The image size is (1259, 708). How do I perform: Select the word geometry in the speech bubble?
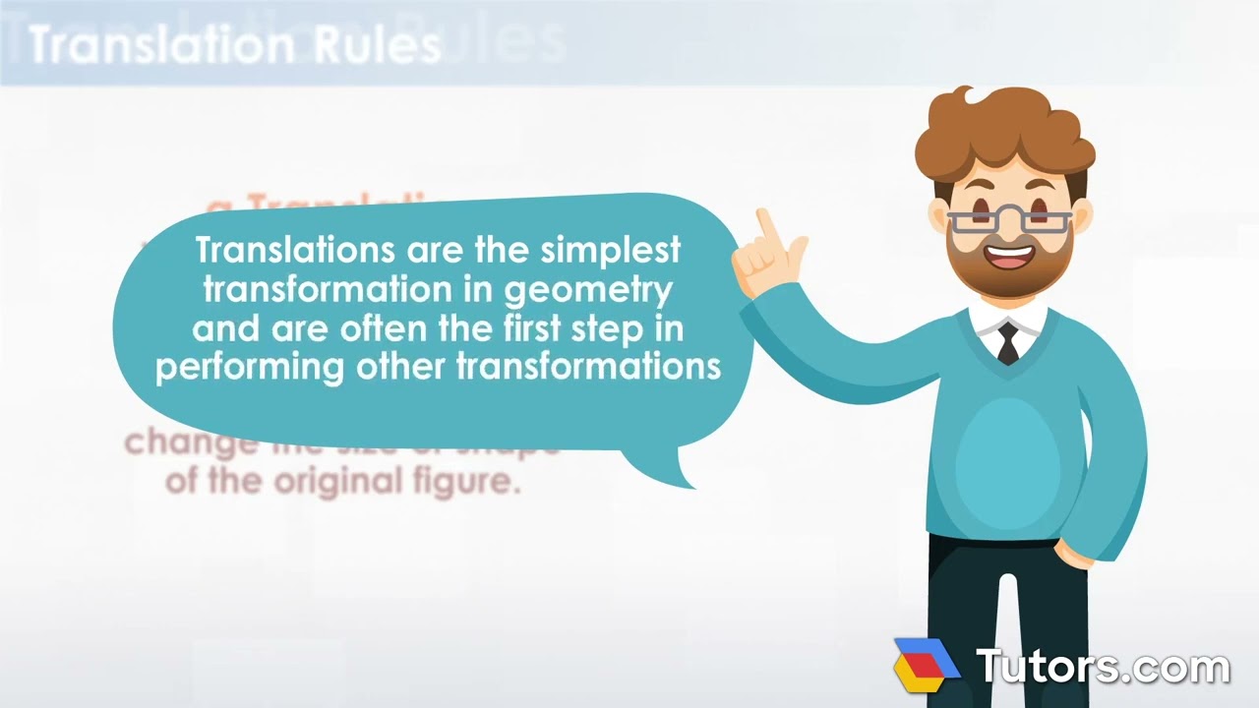(x=600, y=290)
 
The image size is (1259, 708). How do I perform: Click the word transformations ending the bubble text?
(x=589, y=367)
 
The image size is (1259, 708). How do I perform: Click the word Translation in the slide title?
(x=161, y=45)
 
